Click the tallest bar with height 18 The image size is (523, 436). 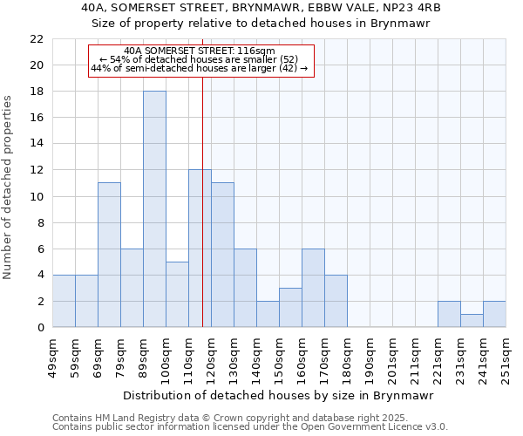(x=154, y=209)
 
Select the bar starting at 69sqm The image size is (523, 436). (x=109, y=255)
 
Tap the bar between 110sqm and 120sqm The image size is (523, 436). (x=200, y=249)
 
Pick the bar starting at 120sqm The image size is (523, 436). (x=222, y=255)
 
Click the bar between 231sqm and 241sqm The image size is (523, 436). (x=472, y=321)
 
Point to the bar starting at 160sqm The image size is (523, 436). (x=313, y=288)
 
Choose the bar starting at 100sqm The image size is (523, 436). (x=177, y=295)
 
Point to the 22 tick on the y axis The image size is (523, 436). (x=37, y=39)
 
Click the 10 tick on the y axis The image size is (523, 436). (x=37, y=196)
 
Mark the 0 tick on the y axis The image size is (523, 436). (x=40, y=327)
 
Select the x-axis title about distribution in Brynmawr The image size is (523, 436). (x=279, y=395)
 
